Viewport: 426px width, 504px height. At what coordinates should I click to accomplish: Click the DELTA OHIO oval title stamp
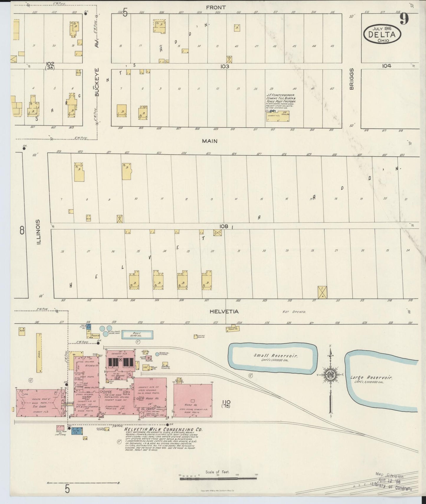(x=382, y=34)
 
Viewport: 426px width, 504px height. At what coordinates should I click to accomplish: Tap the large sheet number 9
(x=404, y=19)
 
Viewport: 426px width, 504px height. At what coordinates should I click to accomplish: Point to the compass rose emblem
(x=330, y=375)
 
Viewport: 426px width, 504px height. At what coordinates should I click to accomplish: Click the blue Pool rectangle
(x=137, y=334)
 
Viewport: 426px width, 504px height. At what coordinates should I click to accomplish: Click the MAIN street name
(x=210, y=141)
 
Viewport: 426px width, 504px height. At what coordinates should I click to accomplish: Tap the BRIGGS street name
(x=351, y=79)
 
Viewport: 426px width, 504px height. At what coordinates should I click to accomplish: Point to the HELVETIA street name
(x=224, y=312)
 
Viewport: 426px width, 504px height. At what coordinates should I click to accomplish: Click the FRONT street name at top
(x=216, y=7)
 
